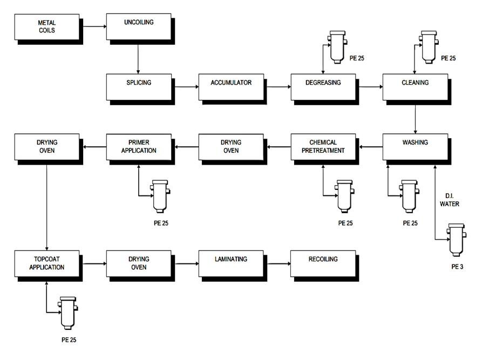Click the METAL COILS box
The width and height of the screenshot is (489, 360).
(x=46, y=27)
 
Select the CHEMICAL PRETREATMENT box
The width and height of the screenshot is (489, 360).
(x=323, y=146)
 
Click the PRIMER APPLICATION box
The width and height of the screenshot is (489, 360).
(x=138, y=146)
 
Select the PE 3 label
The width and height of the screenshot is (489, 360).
(x=457, y=267)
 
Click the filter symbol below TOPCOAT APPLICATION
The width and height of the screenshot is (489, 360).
(x=67, y=312)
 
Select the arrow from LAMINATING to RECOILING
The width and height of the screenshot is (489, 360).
(x=277, y=263)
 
